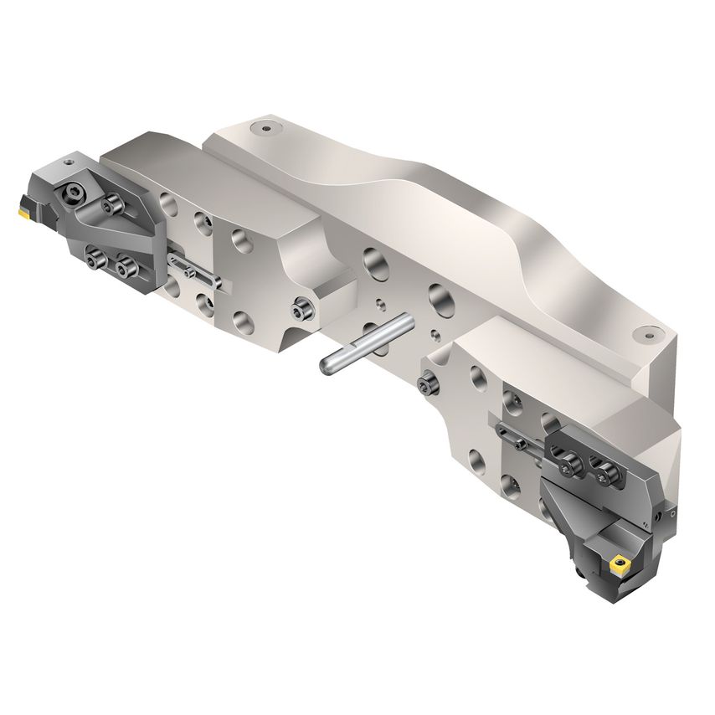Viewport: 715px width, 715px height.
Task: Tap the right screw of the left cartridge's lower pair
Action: (x=127, y=269)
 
